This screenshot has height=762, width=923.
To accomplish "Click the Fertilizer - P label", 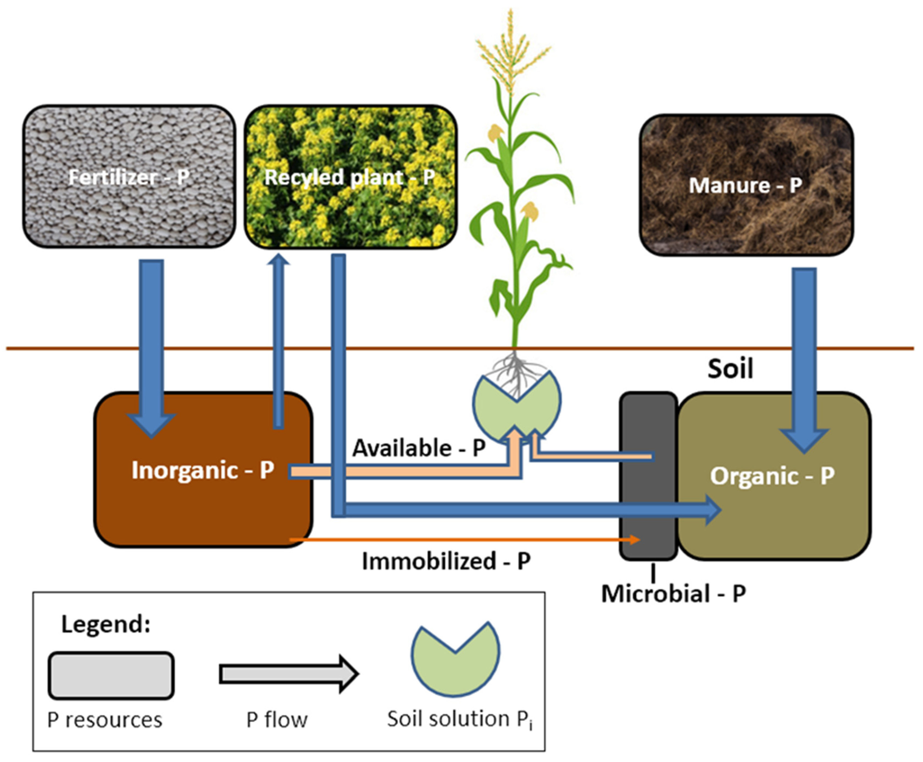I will [x=129, y=177].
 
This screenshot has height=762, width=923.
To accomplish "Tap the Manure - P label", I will [x=745, y=185].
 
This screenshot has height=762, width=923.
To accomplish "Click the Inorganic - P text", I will [x=203, y=470].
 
